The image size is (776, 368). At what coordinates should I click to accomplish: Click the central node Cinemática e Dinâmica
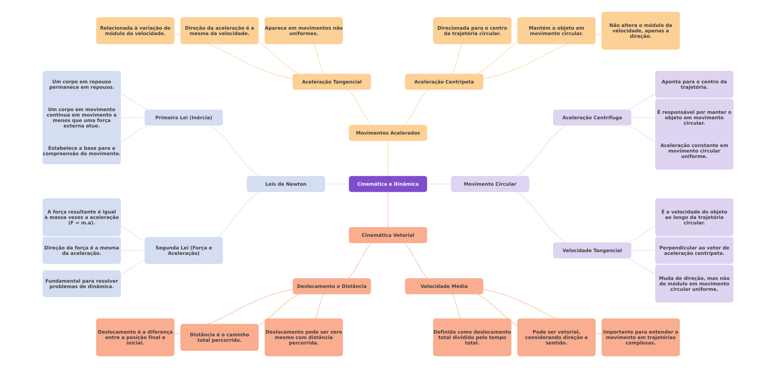point(388,184)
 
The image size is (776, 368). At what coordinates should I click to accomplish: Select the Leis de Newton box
point(286,184)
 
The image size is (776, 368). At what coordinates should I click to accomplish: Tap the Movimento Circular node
point(490,184)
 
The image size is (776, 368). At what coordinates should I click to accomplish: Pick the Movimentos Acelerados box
point(388,133)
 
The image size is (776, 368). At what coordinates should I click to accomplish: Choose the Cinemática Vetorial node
point(388,235)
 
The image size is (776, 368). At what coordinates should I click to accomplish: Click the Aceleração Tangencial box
point(332,82)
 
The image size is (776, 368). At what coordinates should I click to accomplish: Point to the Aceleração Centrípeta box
point(444,82)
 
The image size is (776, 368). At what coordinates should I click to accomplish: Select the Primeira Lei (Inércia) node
point(183,118)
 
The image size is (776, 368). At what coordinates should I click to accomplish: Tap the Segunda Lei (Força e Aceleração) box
point(183,250)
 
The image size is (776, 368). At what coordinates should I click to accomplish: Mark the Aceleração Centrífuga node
point(592,118)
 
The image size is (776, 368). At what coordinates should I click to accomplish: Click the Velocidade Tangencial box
point(592,250)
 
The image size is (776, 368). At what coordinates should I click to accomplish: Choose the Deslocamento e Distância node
point(332,286)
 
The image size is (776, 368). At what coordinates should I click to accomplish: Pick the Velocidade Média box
point(444,286)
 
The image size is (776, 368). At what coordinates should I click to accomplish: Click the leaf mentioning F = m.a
point(81,217)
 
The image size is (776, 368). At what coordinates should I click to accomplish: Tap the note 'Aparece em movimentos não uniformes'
point(304,31)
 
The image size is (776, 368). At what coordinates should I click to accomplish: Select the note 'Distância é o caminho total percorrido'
point(219,337)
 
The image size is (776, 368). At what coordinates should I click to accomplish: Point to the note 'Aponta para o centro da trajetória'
point(694,85)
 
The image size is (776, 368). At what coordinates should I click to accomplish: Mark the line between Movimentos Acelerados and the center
point(388,158)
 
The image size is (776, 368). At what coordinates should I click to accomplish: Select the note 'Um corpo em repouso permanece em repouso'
point(81,85)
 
